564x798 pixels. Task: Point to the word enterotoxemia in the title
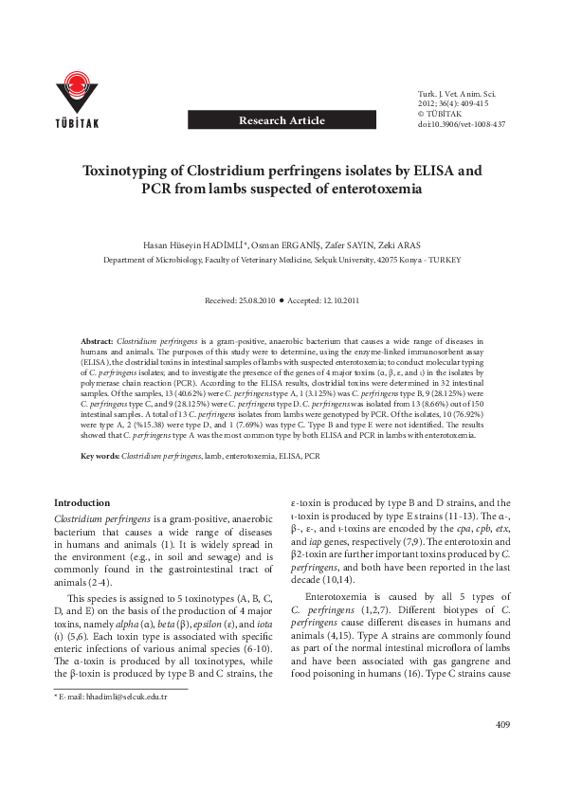[x=372, y=189]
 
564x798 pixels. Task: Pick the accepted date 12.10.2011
[x=337, y=300]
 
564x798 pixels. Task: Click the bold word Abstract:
[x=96, y=339]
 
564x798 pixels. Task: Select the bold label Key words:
[x=100, y=457]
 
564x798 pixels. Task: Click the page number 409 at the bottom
[x=501, y=752]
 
